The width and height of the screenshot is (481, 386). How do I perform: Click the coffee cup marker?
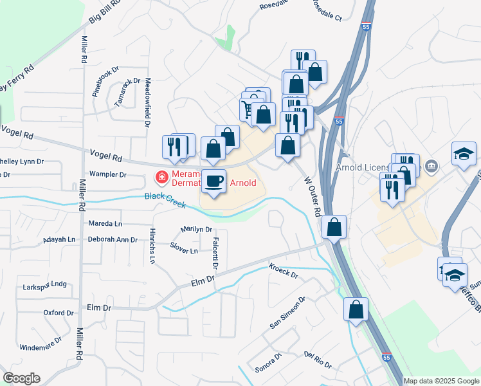[213, 181]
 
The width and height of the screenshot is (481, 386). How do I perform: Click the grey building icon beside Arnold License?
[432, 167]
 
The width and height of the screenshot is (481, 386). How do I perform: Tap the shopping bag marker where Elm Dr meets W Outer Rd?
[334, 227]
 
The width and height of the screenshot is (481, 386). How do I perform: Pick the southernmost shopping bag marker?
[356, 310]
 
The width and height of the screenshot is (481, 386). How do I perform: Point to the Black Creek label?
[165, 200]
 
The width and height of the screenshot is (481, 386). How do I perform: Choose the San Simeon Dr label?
[287, 313]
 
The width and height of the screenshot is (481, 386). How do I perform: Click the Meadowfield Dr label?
[147, 101]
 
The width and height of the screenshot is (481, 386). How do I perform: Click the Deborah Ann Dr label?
[113, 239]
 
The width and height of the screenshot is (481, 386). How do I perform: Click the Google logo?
[21, 378]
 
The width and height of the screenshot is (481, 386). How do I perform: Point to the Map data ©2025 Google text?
[440, 381]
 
